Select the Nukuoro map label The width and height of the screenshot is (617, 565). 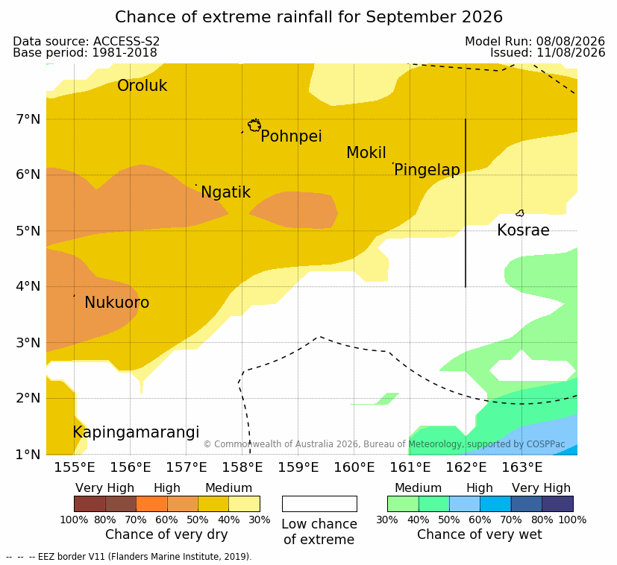[x=117, y=303]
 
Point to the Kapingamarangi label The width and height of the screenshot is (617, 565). [x=136, y=432]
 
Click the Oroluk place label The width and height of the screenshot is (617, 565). [x=142, y=85]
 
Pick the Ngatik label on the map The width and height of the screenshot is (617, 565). [x=225, y=192]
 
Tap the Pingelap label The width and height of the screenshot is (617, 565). [x=427, y=170]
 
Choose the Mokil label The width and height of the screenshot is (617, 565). [x=366, y=153]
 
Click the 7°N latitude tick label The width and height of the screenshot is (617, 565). [x=28, y=119]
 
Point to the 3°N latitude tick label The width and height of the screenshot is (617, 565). [x=28, y=343]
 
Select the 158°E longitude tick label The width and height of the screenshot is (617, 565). [x=242, y=467]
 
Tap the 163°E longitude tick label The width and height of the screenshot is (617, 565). [x=522, y=467]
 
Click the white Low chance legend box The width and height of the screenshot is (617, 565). [x=319, y=504]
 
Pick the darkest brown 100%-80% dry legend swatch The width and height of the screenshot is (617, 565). [x=90, y=504]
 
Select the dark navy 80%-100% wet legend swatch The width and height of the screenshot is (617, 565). [x=557, y=504]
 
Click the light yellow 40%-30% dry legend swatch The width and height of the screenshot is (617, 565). [x=245, y=504]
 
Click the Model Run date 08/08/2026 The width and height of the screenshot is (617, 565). [x=570, y=41]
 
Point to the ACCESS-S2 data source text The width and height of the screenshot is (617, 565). [x=126, y=41]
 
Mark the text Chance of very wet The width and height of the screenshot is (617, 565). [x=479, y=534]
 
